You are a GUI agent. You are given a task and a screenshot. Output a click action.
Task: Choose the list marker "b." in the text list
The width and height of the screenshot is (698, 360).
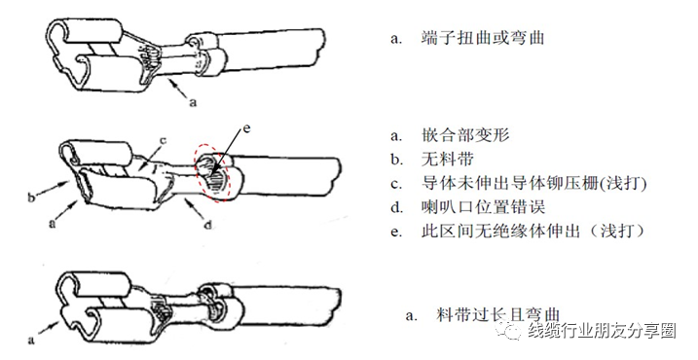(396, 159)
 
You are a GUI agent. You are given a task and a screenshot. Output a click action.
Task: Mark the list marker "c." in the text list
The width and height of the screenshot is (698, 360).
(396, 183)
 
